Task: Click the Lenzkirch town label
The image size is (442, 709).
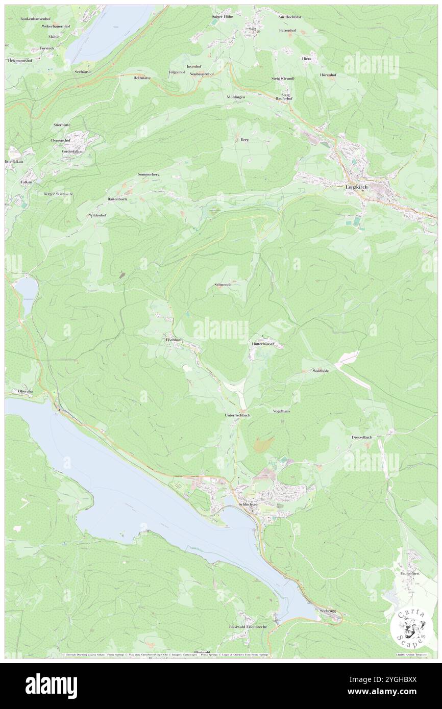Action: tap(356, 187)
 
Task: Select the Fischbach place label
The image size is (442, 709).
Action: tap(174, 339)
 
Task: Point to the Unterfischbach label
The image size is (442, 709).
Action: tap(237, 415)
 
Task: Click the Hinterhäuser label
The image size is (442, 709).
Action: tap(263, 344)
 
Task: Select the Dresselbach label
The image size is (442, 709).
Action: tap(362, 437)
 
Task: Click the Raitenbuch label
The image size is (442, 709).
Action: tap(117, 199)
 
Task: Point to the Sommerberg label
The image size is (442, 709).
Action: tap(149, 174)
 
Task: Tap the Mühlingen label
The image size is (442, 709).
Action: tap(236, 96)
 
